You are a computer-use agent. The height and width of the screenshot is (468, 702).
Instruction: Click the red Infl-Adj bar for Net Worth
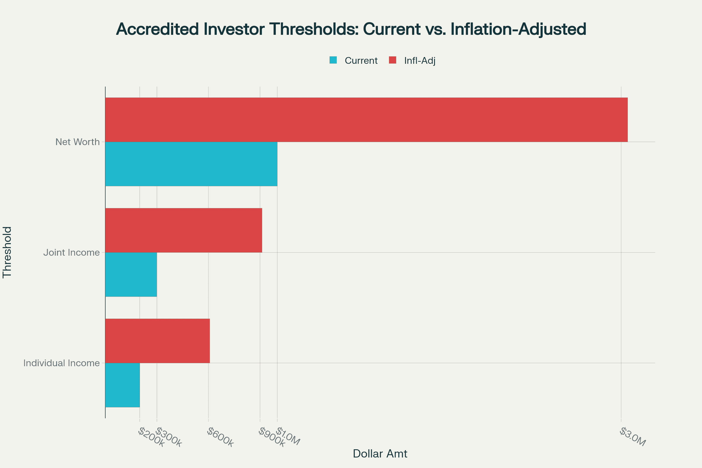click(367, 120)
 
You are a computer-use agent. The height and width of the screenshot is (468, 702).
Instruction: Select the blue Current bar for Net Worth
click(191, 164)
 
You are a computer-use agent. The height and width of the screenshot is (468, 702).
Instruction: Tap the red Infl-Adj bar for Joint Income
click(184, 230)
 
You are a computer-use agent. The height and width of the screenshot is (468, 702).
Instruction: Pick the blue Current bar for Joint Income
click(131, 274)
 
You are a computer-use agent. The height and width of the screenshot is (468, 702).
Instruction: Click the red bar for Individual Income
click(157, 341)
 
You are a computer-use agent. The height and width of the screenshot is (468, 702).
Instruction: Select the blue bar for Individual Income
click(122, 385)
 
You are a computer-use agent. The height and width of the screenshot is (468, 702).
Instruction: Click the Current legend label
click(361, 61)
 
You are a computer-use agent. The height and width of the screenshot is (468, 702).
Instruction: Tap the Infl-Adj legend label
click(420, 61)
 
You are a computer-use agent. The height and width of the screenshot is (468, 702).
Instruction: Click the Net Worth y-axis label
click(77, 142)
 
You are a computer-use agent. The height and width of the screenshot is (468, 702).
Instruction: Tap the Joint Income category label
click(71, 252)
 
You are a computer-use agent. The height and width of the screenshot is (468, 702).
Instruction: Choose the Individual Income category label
click(61, 363)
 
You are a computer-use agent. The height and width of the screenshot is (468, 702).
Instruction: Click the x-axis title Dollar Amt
click(380, 454)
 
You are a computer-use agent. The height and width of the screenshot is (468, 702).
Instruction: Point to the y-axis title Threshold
click(7, 252)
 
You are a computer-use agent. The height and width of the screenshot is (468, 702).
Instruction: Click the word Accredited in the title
click(157, 29)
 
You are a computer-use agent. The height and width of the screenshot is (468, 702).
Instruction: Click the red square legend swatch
click(393, 60)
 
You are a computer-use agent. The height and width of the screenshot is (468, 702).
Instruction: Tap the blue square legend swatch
click(333, 60)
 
